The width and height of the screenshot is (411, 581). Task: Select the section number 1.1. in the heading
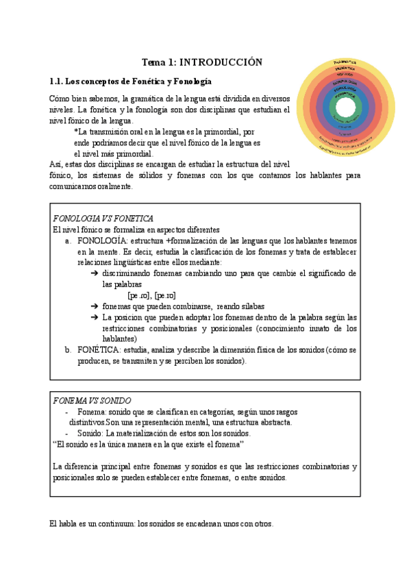pyautogui.click(x=60, y=81)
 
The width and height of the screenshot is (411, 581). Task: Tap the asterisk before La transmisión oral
pyautogui.click(x=75, y=132)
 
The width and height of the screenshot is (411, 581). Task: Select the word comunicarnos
pyautogui.click(x=73, y=186)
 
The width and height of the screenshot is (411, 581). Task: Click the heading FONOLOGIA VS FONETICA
pyautogui.click(x=103, y=218)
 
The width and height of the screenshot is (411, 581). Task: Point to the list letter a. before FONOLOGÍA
pyautogui.click(x=68, y=241)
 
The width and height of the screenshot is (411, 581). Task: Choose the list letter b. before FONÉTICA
pyautogui.click(x=68, y=349)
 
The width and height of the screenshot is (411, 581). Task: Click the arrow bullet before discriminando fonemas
pyautogui.click(x=94, y=273)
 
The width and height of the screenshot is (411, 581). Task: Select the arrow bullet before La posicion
pyautogui.click(x=94, y=317)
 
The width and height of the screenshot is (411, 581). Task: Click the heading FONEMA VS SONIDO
pyautogui.click(x=92, y=400)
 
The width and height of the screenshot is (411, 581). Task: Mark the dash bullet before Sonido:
pyautogui.click(x=66, y=433)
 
